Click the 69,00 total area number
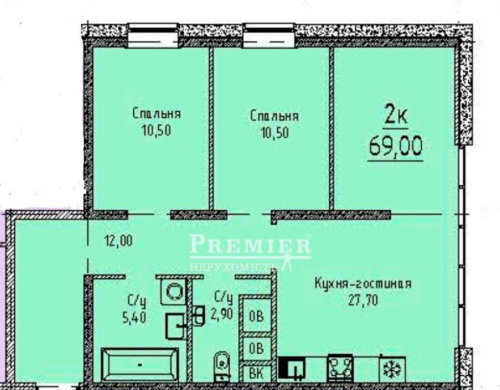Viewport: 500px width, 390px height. pyautogui.click(x=396, y=146)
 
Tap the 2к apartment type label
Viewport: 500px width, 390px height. pyautogui.click(x=396, y=116)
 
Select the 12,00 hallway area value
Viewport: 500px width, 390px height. pyautogui.click(x=118, y=240)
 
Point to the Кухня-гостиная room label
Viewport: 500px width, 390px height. pyautogui.click(x=363, y=283)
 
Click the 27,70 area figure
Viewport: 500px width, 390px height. pyautogui.click(x=363, y=300)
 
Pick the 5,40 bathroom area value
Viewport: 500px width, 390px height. pyautogui.click(x=134, y=317)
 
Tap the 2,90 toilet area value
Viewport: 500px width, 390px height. pyautogui.click(x=222, y=314)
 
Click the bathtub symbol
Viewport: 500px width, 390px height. pyautogui.click(x=140, y=364)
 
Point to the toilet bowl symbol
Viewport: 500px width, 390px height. pyautogui.click(x=222, y=366)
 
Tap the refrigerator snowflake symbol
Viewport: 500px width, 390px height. pyautogui.click(x=392, y=368)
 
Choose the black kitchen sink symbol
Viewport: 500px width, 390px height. pyautogui.click(x=291, y=368)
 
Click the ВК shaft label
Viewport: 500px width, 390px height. pyautogui.click(x=256, y=374)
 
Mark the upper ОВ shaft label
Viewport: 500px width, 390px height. pyautogui.click(x=256, y=316)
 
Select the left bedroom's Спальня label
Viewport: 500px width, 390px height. pyautogui.click(x=156, y=113)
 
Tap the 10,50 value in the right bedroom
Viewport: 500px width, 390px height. pyautogui.click(x=275, y=132)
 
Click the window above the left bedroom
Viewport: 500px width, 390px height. pyautogui.click(x=152, y=36)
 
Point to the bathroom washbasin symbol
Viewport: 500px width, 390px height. pyautogui.click(x=175, y=326)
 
